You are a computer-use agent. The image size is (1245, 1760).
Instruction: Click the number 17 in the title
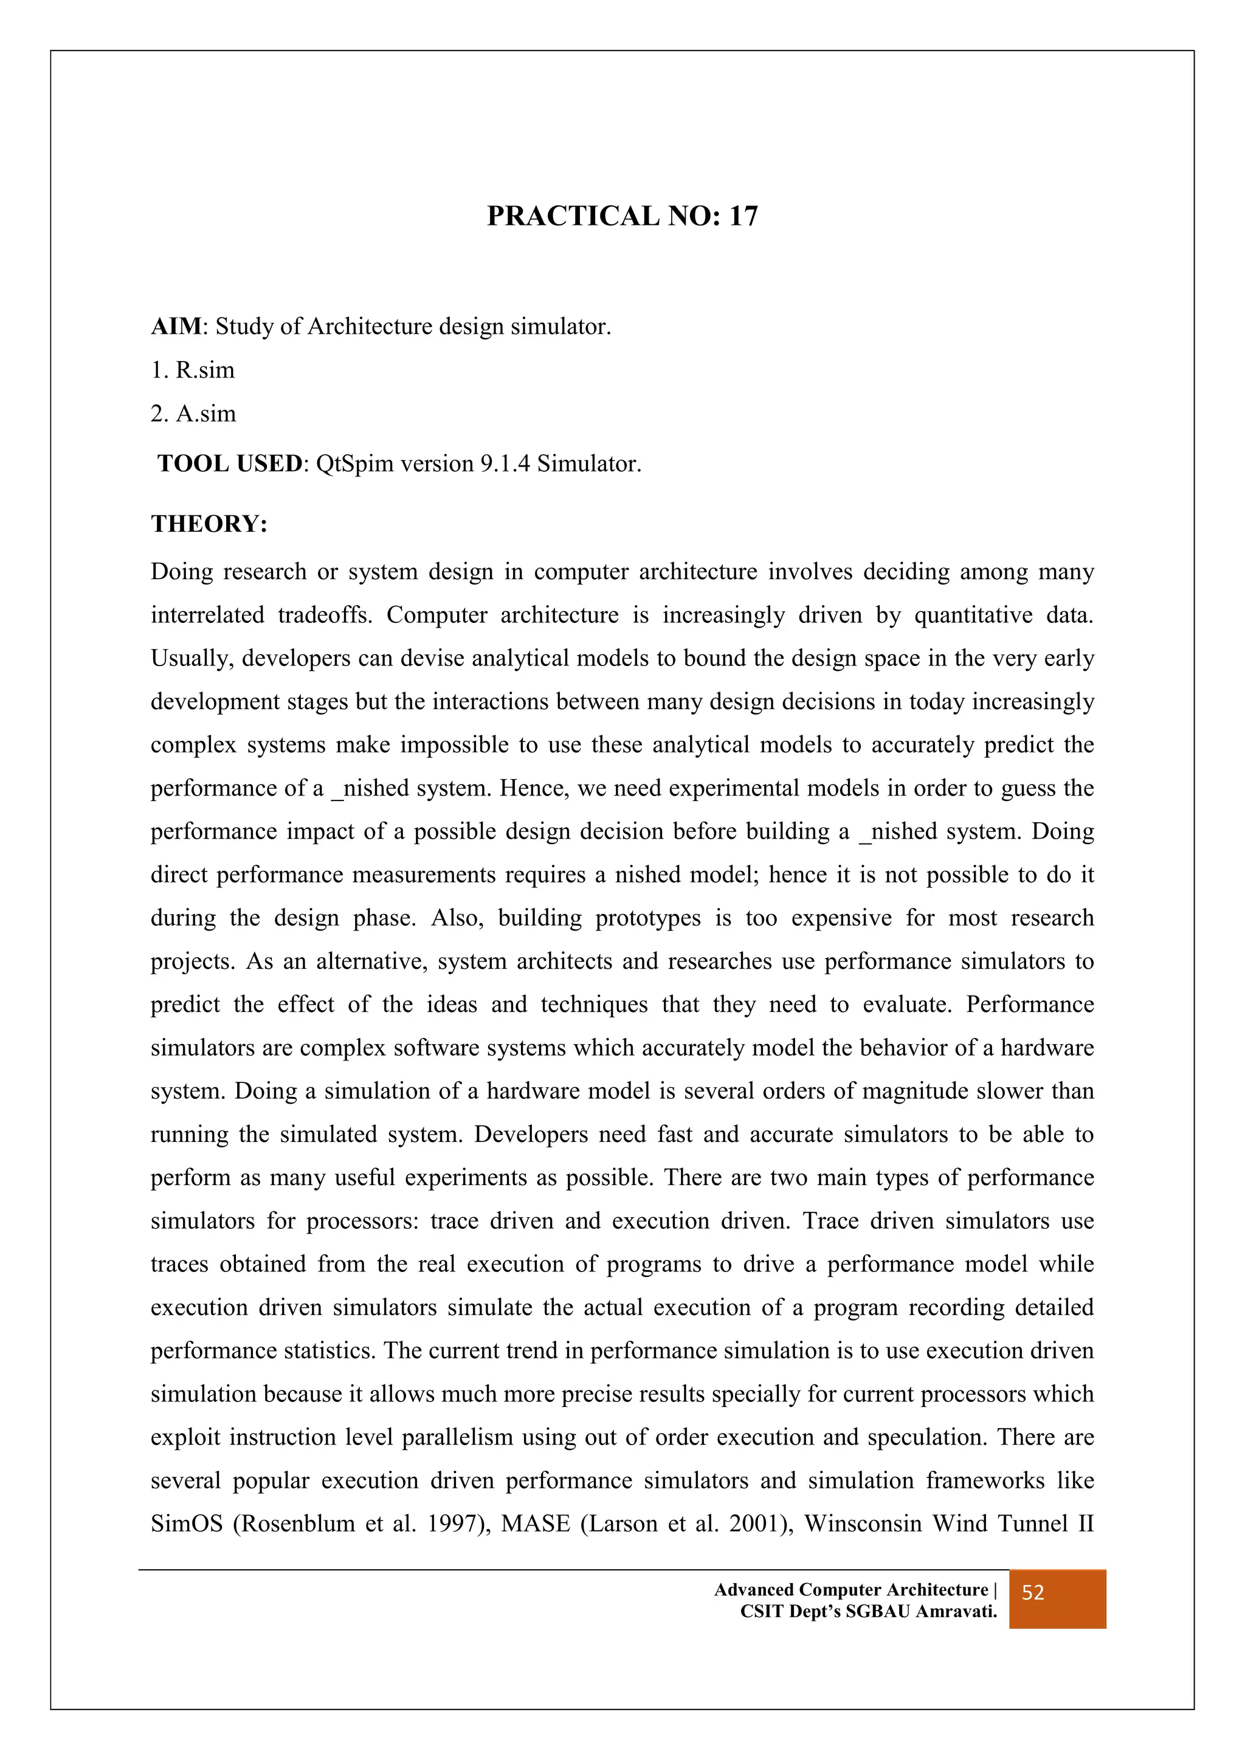pyautogui.click(x=742, y=216)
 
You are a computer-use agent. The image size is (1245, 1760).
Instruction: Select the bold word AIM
pyautogui.click(x=176, y=326)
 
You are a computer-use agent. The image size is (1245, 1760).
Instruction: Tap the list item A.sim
pyautogui.click(x=205, y=414)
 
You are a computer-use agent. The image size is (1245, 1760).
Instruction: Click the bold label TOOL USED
pyautogui.click(x=230, y=464)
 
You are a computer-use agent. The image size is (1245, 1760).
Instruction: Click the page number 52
pyautogui.click(x=1033, y=1593)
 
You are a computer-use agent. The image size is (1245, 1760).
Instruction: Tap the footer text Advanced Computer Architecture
pyautogui.click(x=851, y=1590)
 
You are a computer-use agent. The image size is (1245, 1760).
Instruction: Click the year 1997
pyautogui.click(x=454, y=1523)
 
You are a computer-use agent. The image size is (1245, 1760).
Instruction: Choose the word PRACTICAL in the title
pyautogui.click(x=573, y=216)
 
